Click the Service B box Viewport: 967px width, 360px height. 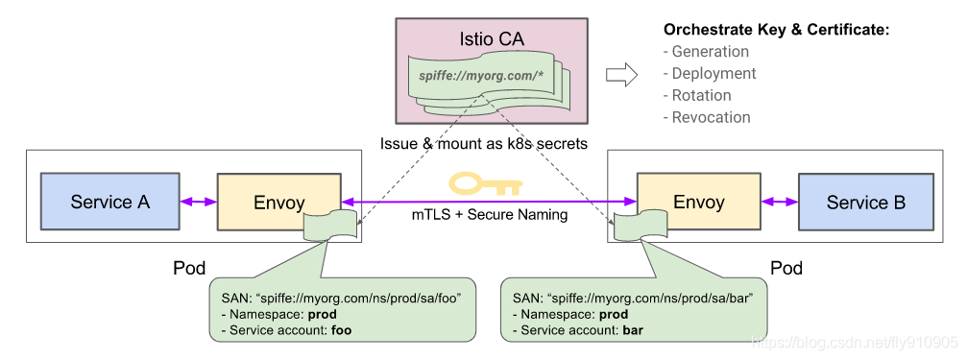click(865, 203)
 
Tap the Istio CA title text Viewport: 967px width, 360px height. click(496, 40)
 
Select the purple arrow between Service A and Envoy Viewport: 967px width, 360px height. click(199, 202)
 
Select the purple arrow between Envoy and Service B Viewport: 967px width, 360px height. click(779, 203)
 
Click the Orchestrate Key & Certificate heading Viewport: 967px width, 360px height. click(777, 30)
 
